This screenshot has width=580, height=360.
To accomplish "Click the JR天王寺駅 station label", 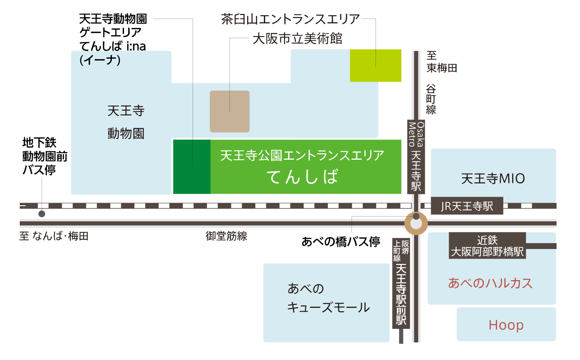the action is [x=467, y=207].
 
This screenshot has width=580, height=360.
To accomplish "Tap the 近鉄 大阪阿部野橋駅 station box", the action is [x=488, y=245].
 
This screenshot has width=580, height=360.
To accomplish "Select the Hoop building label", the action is [x=506, y=325].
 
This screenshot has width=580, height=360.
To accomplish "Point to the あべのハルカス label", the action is [x=490, y=283].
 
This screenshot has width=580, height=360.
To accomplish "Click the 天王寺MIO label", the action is [x=493, y=179].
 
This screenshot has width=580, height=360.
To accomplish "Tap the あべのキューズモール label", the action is [x=328, y=298].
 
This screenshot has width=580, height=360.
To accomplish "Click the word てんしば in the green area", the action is [x=302, y=177].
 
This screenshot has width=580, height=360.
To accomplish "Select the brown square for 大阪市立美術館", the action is [x=230, y=111].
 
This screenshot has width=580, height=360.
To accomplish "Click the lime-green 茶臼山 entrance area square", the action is [x=375, y=65].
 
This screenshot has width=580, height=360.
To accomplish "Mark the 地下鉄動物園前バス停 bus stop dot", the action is [x=41, y=214].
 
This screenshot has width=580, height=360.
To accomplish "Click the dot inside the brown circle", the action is [x=416, y=217].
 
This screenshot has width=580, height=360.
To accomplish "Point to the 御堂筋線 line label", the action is [x=226, y=236].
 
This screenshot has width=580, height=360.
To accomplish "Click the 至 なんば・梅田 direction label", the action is [x=54, y=236].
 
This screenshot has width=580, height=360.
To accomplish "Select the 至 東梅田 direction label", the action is [x=442, y=62].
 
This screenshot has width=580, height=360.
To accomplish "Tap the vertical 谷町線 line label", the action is [x=431, y=99].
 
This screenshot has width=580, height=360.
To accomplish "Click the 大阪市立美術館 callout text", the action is [x=297, y=39].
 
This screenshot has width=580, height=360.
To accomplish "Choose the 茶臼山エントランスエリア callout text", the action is [x=290, y=19].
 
